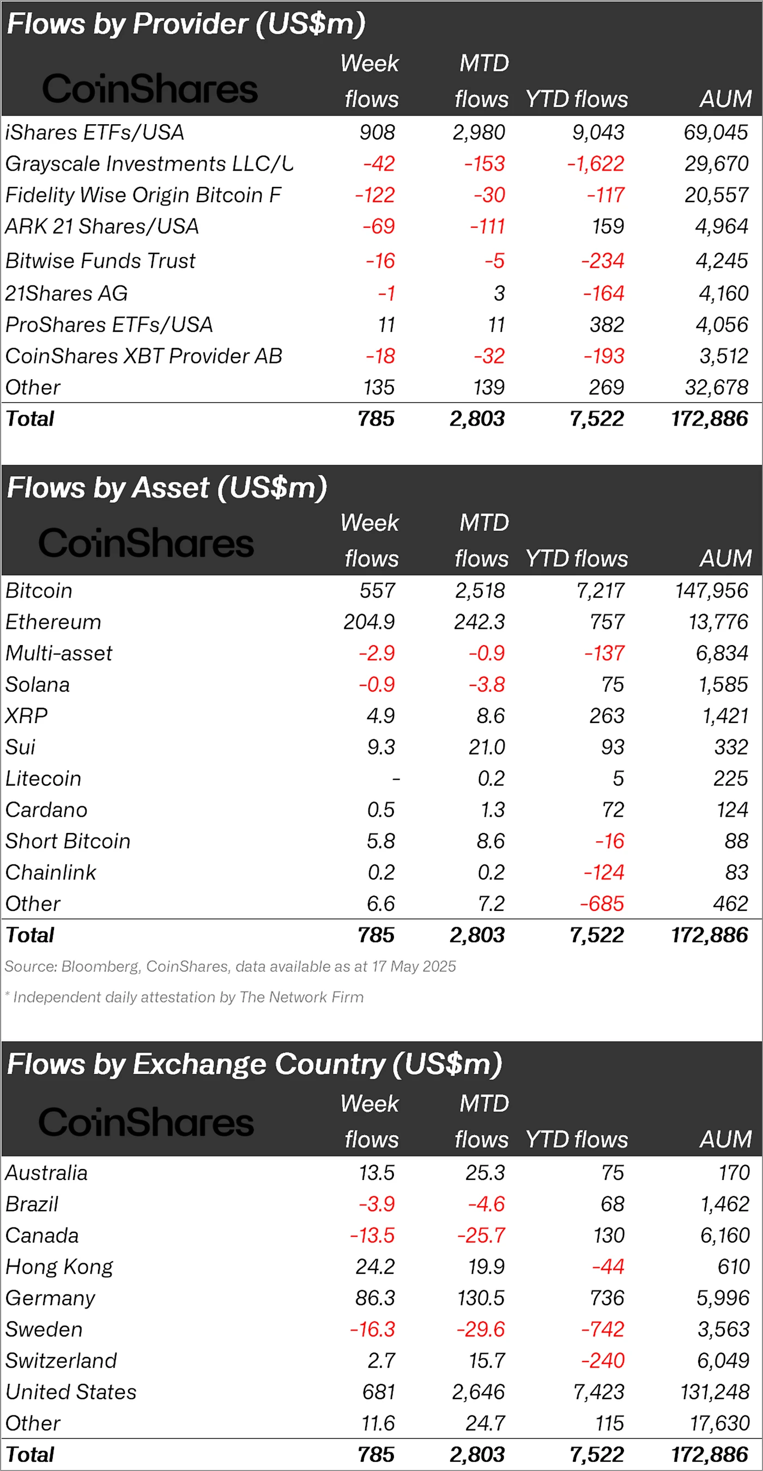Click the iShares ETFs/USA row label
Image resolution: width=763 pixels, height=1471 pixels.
coord(95,132)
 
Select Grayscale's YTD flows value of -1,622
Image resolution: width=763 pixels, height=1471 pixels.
coord(596,164)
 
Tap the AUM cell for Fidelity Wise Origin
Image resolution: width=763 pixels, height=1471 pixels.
coord(716,195)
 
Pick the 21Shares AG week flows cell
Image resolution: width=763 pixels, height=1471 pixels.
coord(386,294)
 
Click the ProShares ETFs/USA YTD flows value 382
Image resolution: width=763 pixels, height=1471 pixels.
coord(607,325)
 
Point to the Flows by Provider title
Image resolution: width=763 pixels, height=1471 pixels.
coord(186,24)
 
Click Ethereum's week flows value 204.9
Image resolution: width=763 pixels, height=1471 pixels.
coord(369,622)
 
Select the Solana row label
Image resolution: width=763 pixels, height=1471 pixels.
coord(38,685)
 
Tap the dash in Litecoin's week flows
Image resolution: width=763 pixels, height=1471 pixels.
coord(396,779)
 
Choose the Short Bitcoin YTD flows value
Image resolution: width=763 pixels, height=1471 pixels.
coord(609,841)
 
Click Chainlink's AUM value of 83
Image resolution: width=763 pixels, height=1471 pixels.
coord(737,873)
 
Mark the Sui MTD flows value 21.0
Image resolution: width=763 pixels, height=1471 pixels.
coord(487,747)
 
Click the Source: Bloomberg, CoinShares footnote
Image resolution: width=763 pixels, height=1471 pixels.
coord(230,966)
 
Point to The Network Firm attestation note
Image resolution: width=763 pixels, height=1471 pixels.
coord(184,997)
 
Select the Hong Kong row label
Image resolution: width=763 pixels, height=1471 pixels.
coord(59,1267)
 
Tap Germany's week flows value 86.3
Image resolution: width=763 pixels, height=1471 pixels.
coord(374,1298)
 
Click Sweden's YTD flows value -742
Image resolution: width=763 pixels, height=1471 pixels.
coord(603,1329)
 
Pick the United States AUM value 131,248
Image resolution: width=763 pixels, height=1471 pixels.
coord(714,1391)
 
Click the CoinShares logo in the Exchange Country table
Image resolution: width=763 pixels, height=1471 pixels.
coord(146,1122)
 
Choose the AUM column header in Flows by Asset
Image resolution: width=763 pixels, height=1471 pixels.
coord(725,558)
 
